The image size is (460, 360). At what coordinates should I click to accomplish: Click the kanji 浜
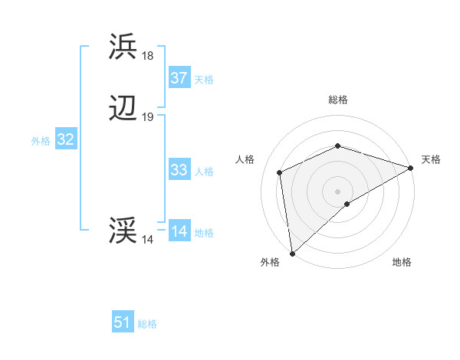tap(123, 47)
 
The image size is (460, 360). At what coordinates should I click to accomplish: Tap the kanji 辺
tap(123, 110)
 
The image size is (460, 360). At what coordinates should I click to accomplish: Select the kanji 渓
tap(123, 231)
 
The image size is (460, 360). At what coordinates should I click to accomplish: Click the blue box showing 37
tap(179, 77)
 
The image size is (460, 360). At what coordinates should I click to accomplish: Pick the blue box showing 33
tap(179, 170)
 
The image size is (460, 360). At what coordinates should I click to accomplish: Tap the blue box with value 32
tap(65, 139)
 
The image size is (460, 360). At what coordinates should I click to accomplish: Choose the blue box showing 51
tap(123, 322)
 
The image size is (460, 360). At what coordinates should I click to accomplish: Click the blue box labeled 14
tap(179, 231)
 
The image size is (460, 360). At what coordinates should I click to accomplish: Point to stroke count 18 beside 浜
tap(147, 56)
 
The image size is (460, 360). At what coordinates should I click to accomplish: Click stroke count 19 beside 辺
tap(147, 118)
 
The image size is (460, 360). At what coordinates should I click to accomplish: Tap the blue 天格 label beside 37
tap(204, 79)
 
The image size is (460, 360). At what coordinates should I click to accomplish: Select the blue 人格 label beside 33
tap(204, 172)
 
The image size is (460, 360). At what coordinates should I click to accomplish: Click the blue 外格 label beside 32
tap(41, 141)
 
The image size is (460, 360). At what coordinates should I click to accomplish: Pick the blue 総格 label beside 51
tap(147, 324)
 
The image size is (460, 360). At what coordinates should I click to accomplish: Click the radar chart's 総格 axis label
tap(338, 100)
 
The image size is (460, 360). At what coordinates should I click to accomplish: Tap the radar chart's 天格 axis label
tap(431, 159)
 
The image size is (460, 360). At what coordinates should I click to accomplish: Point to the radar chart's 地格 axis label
tap(402, 262)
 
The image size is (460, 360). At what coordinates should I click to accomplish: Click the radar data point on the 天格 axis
tap(411, 168)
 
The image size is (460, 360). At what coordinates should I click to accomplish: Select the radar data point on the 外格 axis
tap(292, 253)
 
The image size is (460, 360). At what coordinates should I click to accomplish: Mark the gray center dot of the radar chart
tap(337, 191)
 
